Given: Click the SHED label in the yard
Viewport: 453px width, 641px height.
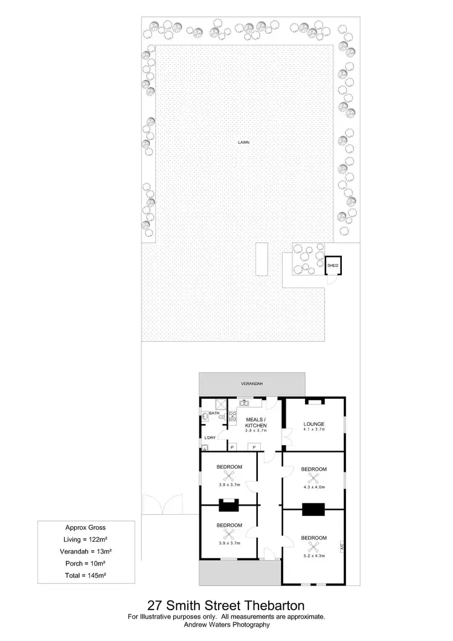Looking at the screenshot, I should point(333,265).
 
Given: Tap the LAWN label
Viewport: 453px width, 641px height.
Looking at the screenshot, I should point(243,143).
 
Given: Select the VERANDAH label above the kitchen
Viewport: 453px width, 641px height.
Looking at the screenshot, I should point(252,383).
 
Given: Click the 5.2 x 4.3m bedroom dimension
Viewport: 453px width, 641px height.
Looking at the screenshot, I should point(313,555).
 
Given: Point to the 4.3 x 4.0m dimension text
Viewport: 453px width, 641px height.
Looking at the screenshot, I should point(313,486).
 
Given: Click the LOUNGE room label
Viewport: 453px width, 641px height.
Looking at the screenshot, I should point(314,424).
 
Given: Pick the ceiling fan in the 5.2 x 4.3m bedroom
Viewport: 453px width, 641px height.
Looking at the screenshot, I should point(313,546).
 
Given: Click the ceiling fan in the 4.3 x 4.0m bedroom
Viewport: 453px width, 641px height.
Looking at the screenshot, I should point(313,478).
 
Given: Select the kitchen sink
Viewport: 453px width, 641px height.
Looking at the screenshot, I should point(245,402).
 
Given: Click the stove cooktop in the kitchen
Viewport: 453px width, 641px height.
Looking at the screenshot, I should point(232,416).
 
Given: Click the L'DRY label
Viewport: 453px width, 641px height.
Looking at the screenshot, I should point(210,437).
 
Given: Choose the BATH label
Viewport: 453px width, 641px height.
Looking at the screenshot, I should point(214,413).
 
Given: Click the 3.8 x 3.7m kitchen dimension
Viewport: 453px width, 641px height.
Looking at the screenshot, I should point(256,430).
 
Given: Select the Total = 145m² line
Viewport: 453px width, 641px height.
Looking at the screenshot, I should point(85,575).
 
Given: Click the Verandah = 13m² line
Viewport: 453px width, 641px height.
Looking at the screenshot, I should point(85,551).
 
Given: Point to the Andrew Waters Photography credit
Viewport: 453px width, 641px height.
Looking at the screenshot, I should point(226,625).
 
